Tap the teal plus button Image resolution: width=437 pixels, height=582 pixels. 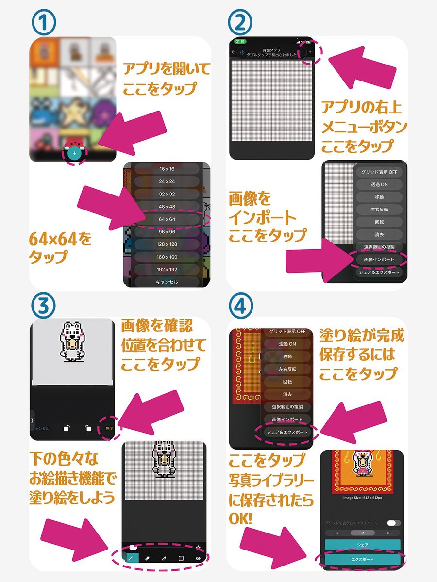(74, 153)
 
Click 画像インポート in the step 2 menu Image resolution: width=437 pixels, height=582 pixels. (379, 259)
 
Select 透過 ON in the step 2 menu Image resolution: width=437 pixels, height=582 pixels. (379, 184)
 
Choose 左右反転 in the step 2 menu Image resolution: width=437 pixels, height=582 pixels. (379, 210)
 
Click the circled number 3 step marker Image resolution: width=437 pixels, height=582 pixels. (45, 304)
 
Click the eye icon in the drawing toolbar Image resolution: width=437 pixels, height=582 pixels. (198, 558)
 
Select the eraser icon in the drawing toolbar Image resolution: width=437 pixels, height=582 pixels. (148, 558)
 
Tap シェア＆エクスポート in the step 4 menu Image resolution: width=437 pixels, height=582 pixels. (287, 432)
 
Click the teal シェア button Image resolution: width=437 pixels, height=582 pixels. (363, 545)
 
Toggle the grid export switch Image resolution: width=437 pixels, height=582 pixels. (394, 523)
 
